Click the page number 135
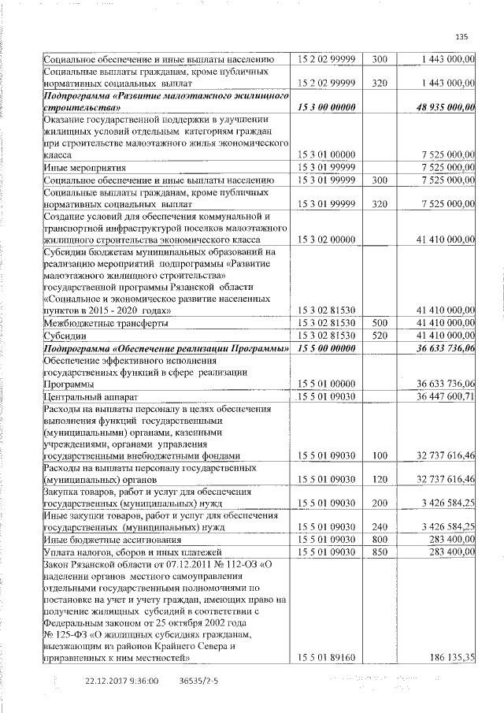(x=461, y=35)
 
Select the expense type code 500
(x=379, y=323)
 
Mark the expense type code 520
(x=379, y=336)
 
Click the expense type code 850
(x=379, y=552)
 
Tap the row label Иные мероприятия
(x=82, y=168)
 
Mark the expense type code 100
(x=379, y=455)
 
